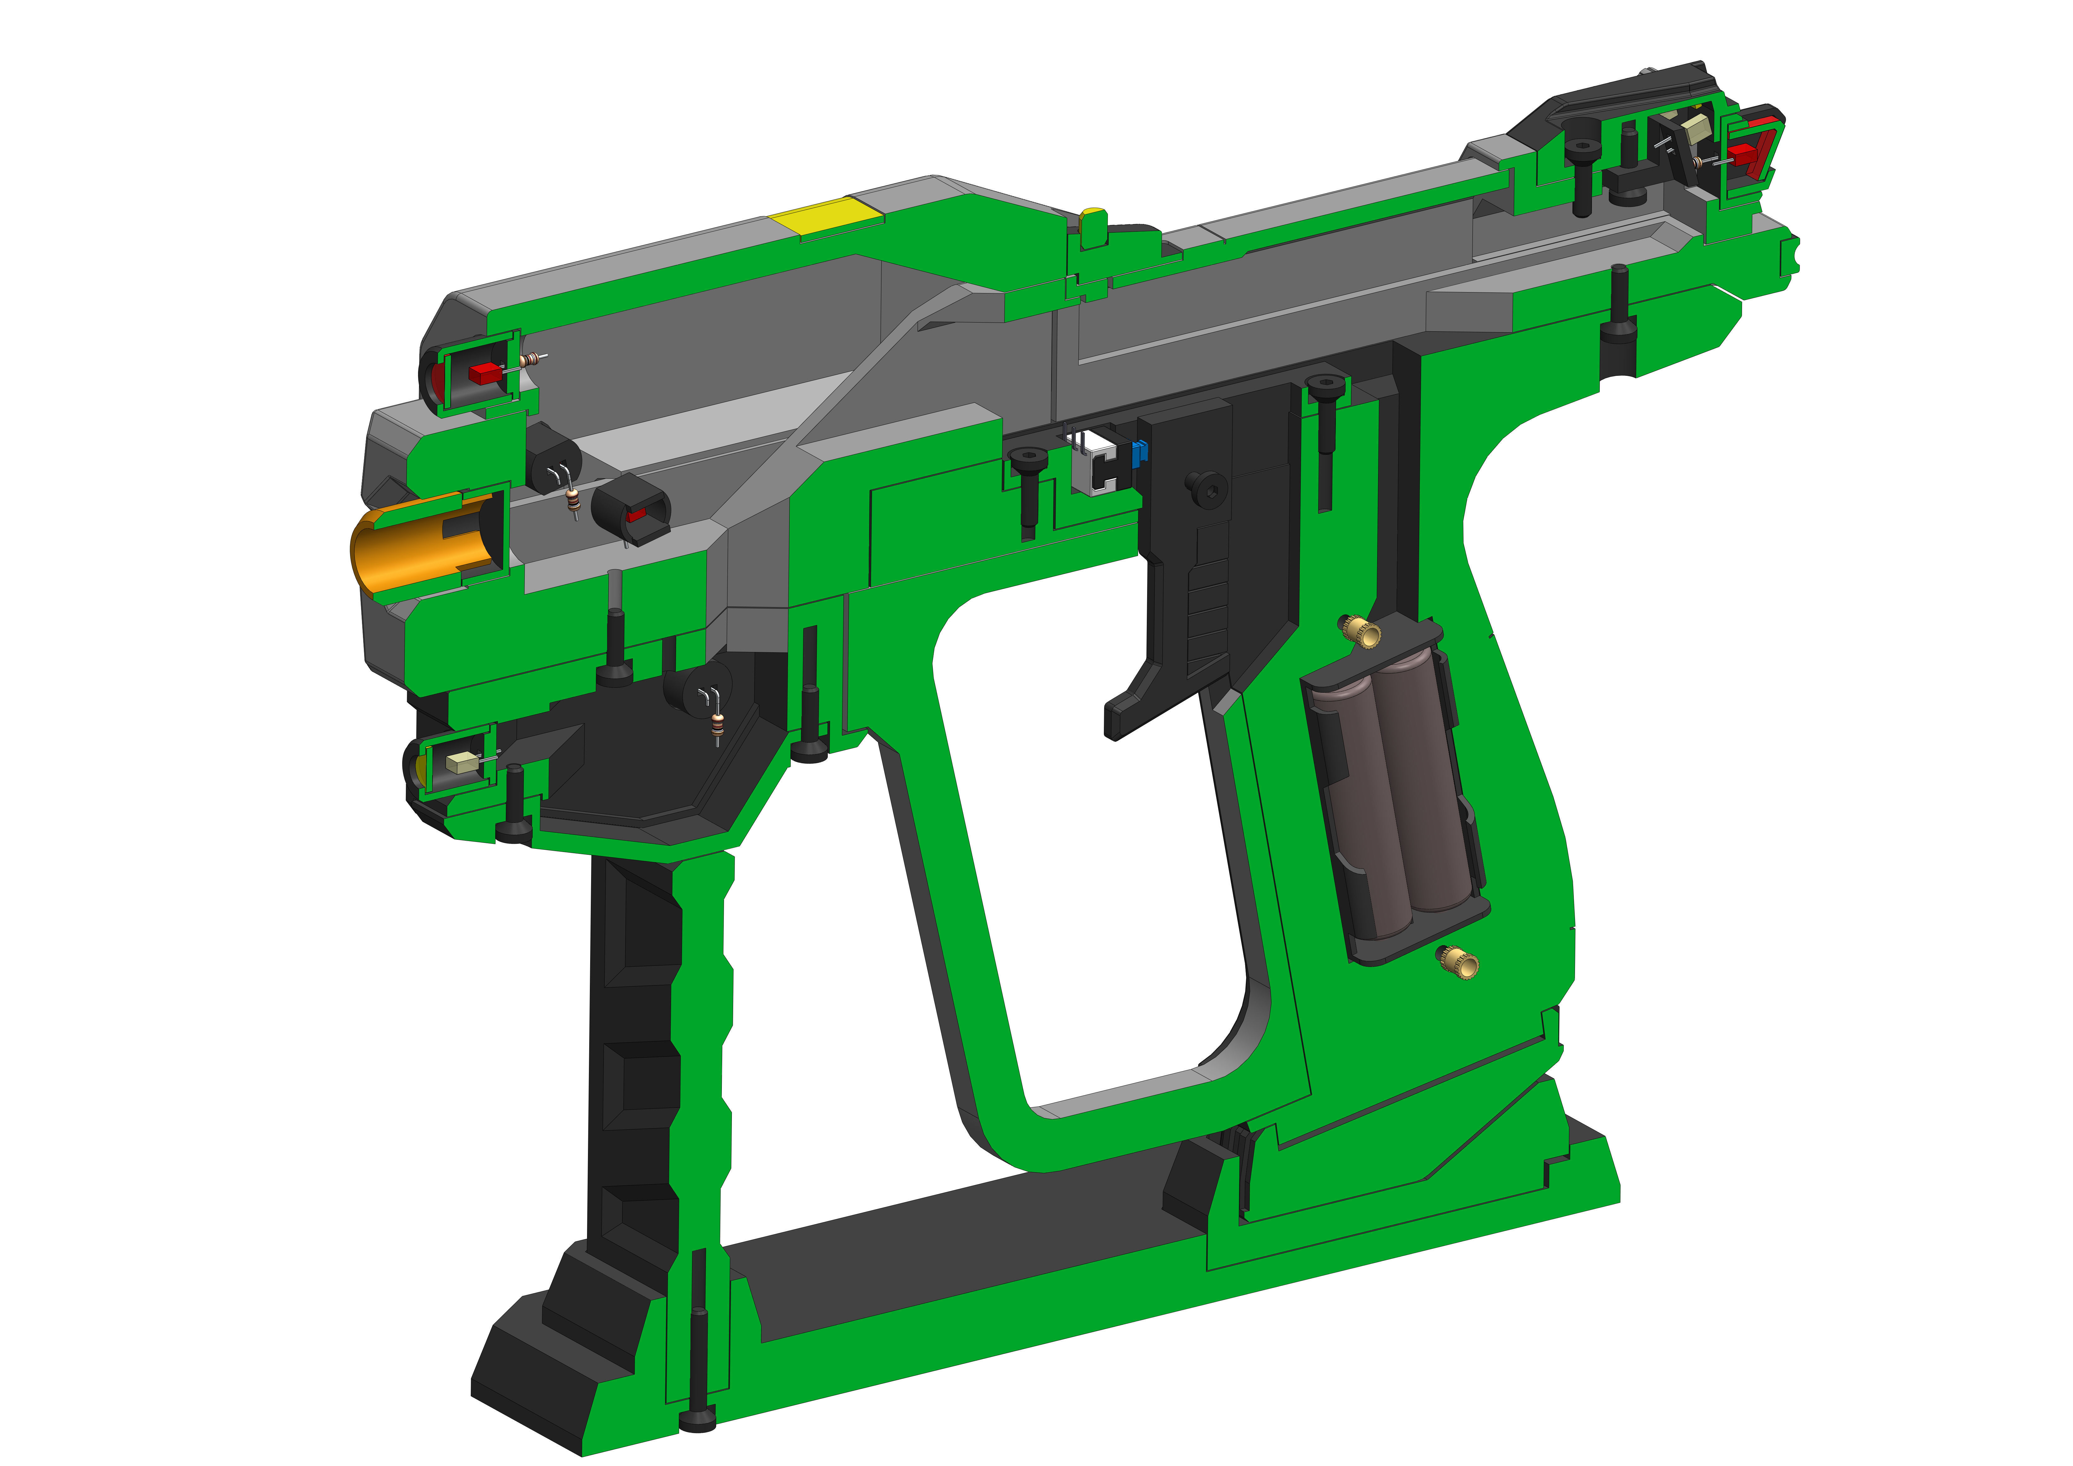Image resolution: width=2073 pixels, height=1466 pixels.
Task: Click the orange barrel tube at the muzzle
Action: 397,551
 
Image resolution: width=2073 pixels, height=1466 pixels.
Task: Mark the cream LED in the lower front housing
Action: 461,763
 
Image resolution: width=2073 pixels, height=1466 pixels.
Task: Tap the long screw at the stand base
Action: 698,1372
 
